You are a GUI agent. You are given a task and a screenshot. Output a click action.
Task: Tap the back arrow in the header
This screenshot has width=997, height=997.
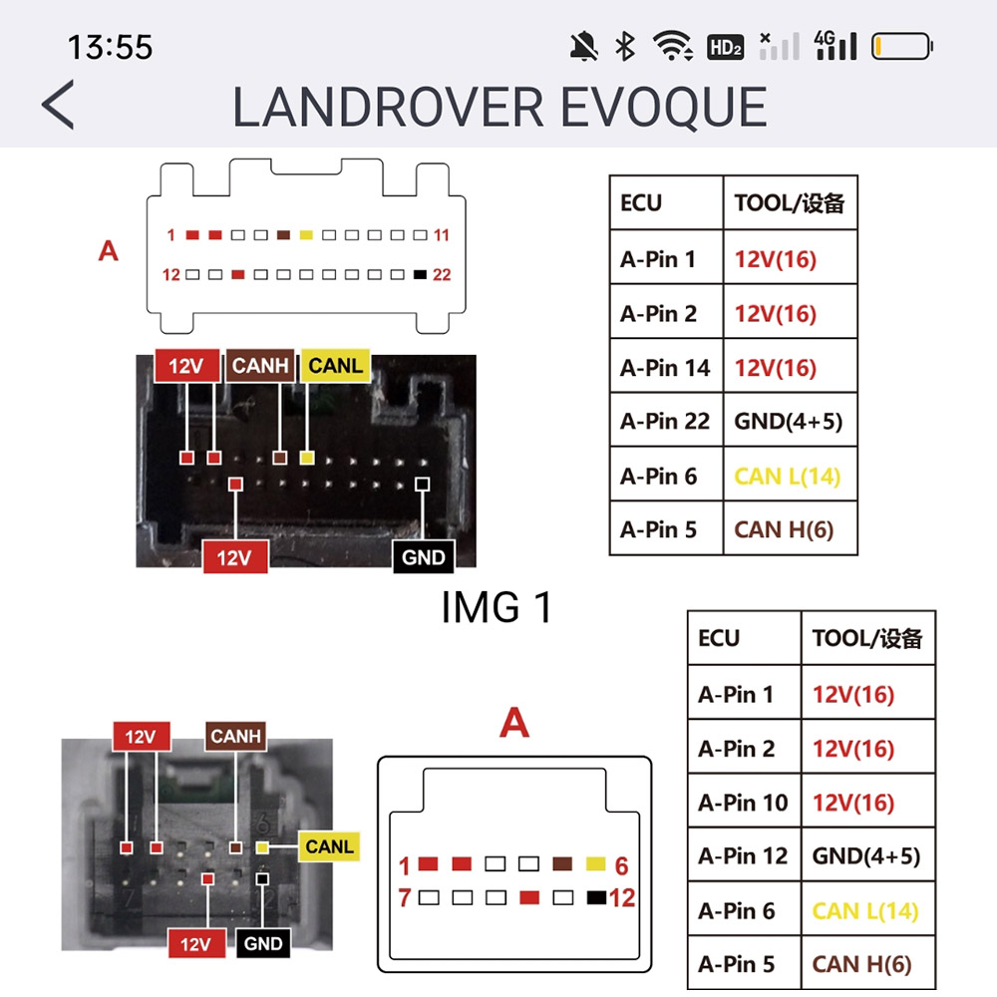coord(58,105)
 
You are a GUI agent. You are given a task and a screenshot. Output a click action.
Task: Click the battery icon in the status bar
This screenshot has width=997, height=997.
coord(901,47)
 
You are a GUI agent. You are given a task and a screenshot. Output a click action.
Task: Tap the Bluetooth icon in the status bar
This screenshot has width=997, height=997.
coord(625,47)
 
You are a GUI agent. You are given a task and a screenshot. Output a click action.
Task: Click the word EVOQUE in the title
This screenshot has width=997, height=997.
coord(663,107)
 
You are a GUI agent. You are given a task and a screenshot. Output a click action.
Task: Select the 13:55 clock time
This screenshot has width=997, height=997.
coord(110,47)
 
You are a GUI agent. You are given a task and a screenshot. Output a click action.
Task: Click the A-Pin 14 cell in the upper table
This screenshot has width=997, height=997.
coord(666,367)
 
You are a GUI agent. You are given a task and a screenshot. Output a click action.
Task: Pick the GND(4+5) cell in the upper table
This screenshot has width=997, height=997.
coord(789,421)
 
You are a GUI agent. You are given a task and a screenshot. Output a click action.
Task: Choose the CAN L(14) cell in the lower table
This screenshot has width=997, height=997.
coord(867,910)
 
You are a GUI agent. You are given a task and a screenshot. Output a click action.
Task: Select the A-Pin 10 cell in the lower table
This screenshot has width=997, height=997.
coord(744,802)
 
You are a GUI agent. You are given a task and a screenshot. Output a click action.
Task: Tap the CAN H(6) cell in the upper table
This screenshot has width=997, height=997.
coord(789,529)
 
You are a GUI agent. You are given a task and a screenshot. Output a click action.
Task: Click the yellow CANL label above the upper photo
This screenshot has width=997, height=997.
coord(335,366)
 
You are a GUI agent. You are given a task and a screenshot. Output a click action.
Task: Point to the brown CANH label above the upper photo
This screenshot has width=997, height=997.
coord(260,366)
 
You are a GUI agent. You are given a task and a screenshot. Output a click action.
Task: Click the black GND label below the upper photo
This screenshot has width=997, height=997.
coord(424,557)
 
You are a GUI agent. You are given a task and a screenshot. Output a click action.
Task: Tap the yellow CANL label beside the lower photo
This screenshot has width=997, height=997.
coord(329,846)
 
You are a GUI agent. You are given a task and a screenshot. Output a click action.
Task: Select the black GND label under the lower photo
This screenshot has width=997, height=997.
coord(263,943)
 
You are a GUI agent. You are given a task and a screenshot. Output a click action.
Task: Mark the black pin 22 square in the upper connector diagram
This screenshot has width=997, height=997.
coord(420,275)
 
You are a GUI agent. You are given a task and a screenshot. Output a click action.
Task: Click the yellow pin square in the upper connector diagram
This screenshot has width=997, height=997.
coord(306,235)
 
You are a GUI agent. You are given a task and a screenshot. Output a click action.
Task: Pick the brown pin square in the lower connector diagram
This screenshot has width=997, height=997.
coord(562,863)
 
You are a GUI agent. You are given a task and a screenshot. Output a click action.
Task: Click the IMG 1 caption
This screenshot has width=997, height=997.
coord(497,607)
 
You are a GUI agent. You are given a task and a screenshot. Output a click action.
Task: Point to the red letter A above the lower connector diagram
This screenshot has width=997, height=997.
coord(514,722)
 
